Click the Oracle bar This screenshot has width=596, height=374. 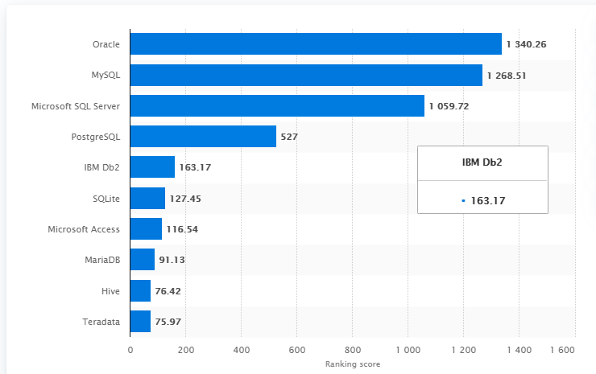[316, 44]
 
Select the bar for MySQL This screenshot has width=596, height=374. [306, 75]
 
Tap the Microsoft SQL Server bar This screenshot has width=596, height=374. [277, 105]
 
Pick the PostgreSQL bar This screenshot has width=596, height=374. [203, 136]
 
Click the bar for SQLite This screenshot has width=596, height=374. [147, 198]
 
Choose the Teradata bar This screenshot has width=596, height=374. [140, 321]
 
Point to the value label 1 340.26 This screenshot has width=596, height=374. [527, 44]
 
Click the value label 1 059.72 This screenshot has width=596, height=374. [449, 105]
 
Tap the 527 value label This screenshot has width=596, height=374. [289, 137]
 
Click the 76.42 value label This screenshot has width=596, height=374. [168, 290]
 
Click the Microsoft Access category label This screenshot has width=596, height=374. [84, 229]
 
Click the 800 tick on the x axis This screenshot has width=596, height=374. [352, 350]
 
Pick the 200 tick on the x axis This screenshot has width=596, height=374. [185, 350]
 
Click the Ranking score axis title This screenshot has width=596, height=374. [352, 364]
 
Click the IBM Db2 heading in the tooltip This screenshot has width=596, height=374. [482, 163]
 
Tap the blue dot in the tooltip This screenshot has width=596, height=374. [463, 200]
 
